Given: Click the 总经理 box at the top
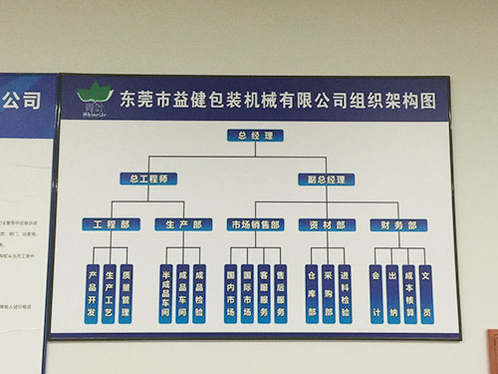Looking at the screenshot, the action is [x=256, y=135].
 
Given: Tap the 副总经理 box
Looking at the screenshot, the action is [x=321, y=180].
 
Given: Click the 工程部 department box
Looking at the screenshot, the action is [x=112, y=224].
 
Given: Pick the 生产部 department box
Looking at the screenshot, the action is [x=183, y=224].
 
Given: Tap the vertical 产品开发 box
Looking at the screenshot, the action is [x=92, y=293].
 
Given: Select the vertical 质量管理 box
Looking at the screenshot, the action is [x=125, y=293].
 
